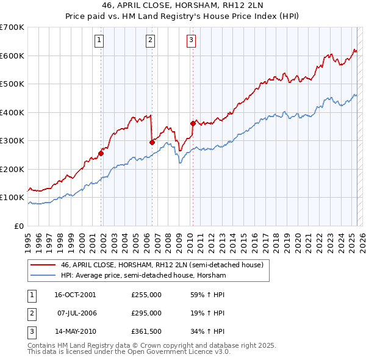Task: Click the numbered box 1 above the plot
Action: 99,41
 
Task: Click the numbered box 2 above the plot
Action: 150,41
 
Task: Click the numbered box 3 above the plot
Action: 191,41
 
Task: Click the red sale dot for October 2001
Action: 101,153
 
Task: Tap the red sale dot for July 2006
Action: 152,142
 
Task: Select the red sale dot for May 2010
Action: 193,123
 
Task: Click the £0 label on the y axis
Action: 20,226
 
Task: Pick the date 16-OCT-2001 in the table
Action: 75,295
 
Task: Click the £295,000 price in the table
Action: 146,313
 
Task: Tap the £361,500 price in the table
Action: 146,331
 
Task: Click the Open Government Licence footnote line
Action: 129,352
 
